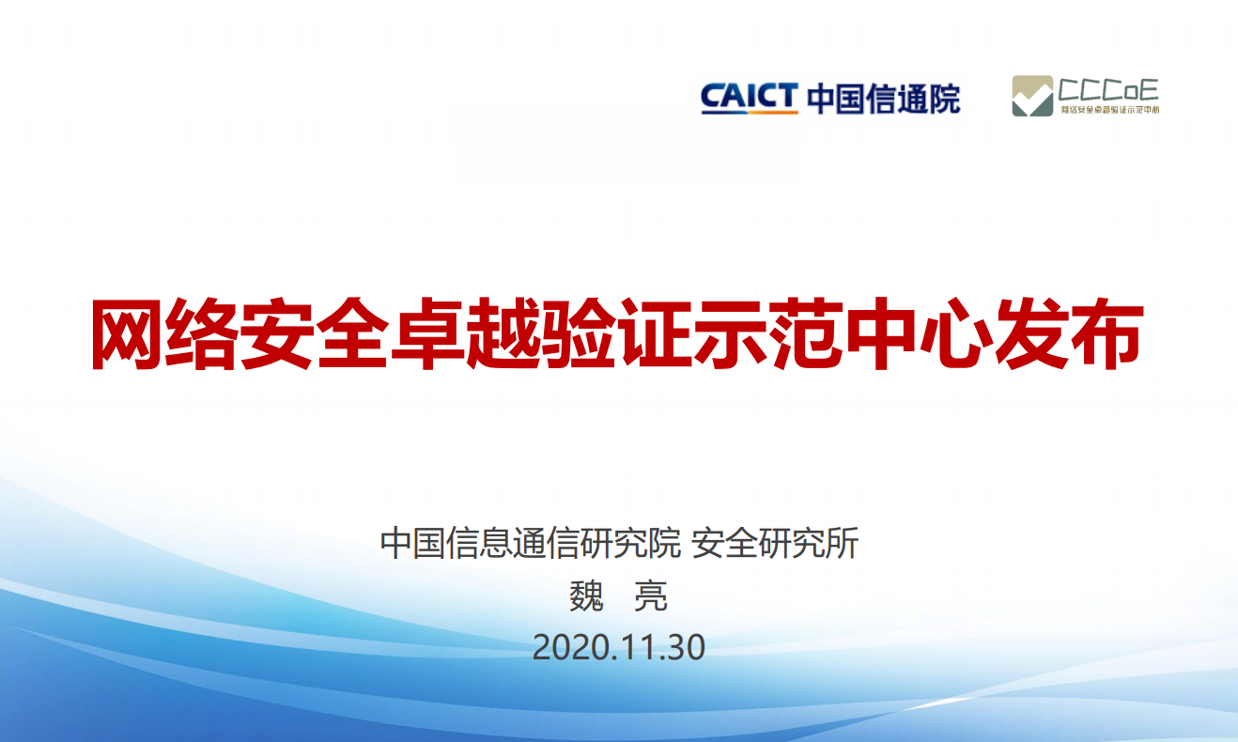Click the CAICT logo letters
coord(750,98)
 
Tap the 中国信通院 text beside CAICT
coord(884,99)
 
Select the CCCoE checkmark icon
coord(1032,96)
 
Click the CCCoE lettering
coord(1108,90)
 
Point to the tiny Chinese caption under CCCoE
coord(1109,109)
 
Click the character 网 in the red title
coord(126,333)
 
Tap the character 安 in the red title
coord(276,333)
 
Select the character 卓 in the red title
coord(426,333)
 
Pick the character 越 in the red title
coord(502,333)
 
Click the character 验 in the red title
coord(578,333)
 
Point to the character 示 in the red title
coord(730,333)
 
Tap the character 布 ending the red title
coord(1107,333)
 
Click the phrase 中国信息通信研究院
coord(530,543)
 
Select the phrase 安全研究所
coord(775,543)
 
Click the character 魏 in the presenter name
coord(586,596)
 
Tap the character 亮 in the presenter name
coord(651,596)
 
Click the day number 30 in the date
coord(687,647)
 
